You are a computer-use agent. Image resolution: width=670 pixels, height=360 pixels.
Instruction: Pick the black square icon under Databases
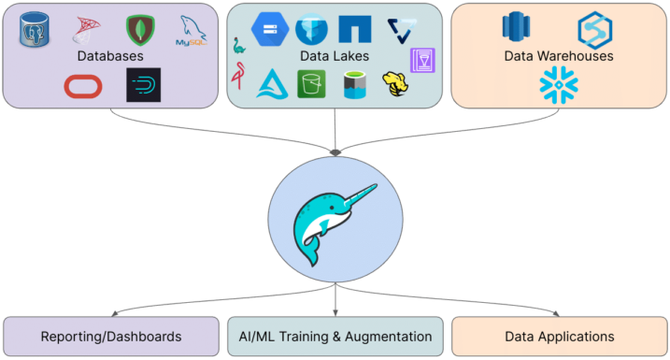click(x=144, y=85)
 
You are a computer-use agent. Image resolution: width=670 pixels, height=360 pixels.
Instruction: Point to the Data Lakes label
click(x=335, y=56)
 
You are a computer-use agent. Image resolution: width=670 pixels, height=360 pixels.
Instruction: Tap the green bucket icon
click(x=310, y=85)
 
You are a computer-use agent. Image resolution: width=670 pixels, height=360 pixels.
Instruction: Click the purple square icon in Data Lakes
click(x=421, y=60)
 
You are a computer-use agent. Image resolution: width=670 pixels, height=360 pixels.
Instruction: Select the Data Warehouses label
click(x=558, y=56)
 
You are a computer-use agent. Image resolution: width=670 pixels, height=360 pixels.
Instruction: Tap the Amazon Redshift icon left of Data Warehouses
click(x=516, y=27)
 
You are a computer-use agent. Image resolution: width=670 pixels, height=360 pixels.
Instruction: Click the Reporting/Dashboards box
click(x=110, y=337)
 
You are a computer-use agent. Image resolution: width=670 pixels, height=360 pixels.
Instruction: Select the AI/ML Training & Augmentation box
click(x=335, y=337)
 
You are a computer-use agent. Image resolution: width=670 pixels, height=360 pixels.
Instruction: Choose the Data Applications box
click(x=559, y=337)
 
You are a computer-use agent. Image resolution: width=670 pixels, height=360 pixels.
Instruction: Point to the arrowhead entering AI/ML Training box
click(x=335, y=312)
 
